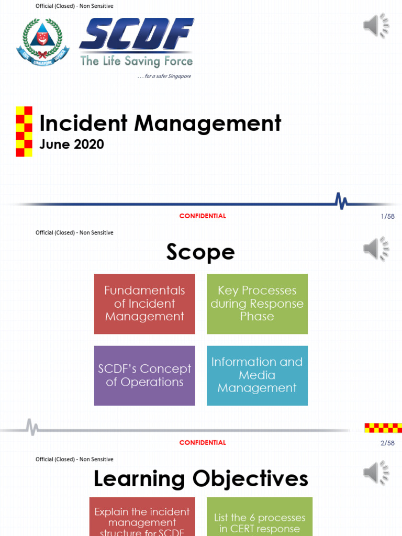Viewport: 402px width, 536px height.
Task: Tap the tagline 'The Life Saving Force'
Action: pyautogui.click(x=137, y=61)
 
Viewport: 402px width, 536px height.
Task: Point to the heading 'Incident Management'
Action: pyautogui.click(x=160, y=124)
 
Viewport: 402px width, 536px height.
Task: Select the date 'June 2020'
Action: pyautogui.click(x=72, y=144)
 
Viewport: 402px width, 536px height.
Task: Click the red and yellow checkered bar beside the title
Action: pyautogui.click(x=24, y=131)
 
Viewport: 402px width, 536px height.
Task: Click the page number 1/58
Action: pyautogui.click(x=388, y=216)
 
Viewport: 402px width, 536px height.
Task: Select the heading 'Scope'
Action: pyautogui.click(x=200, y=253)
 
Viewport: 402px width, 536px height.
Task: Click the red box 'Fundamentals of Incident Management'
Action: pyautogui.click(x=144, y=304)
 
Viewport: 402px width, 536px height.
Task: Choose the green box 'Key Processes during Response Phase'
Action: pyautogui.click(x=257, y=304)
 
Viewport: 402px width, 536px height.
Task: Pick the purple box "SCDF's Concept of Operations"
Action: pyautogui.click(x=144, y=375)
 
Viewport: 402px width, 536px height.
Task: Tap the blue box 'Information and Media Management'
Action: pyautogui.click(x=257, y=375)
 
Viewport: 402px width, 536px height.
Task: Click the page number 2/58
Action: pyautogui.click(x=388, y=443)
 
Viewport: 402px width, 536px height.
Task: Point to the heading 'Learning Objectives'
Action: pyautogui.click(x=200, y=479)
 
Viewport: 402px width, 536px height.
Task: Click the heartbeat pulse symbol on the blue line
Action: pyautogui.click(x=341, y=200)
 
